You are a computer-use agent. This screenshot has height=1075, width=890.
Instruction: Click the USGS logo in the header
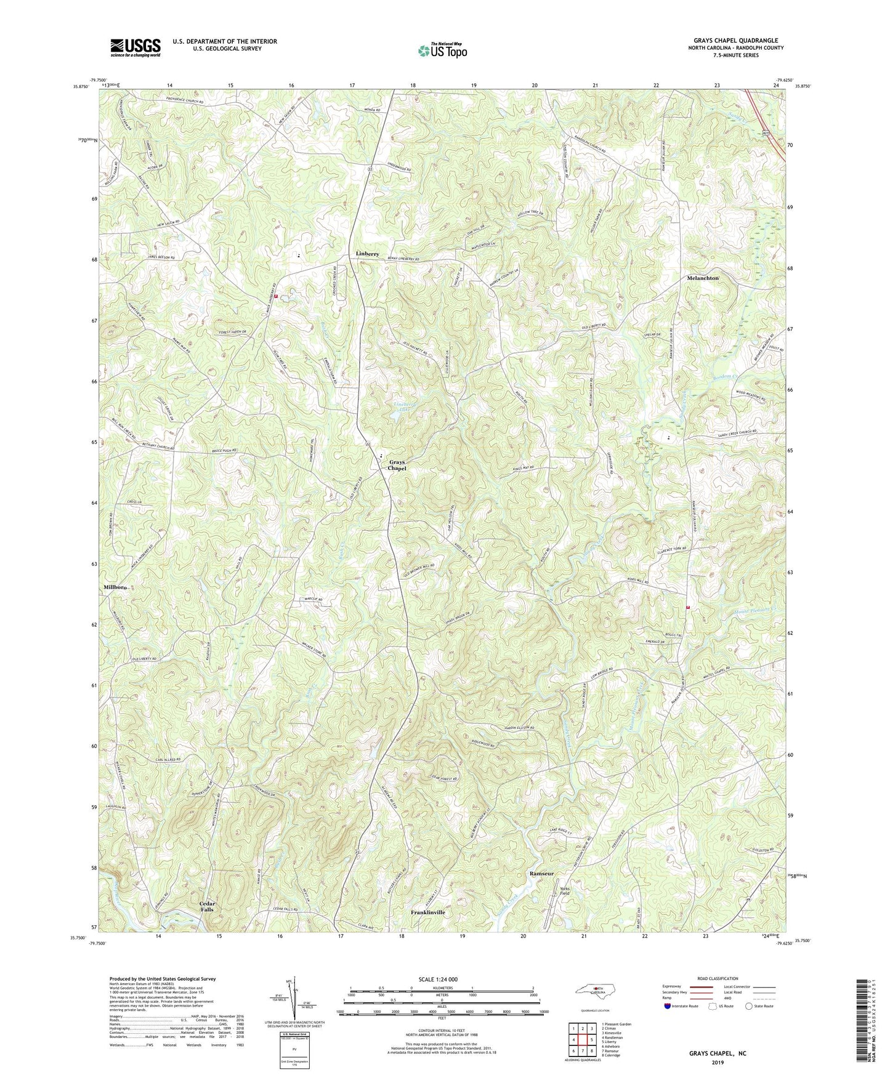[136, 47]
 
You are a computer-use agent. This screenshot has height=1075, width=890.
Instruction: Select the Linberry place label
[371, 254]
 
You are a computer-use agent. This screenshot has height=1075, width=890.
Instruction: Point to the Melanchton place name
[703, 278]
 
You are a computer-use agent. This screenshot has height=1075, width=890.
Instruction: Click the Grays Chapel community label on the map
[397, 465]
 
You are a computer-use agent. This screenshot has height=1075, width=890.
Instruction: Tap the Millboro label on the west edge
[115, 587]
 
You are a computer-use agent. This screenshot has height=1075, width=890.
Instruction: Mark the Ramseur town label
[541, 874]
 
